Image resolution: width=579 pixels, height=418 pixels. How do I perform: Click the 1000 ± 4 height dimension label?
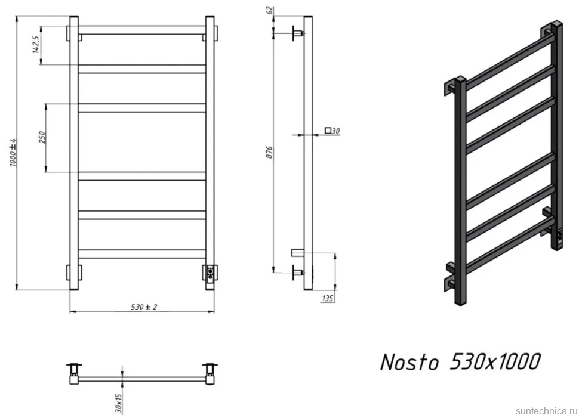[x=13, y=152]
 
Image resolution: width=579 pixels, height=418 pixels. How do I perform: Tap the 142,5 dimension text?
[x=36, y=45]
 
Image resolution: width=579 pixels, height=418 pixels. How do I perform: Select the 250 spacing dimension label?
[x=42, y=137]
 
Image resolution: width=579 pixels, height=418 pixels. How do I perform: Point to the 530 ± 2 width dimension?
[x=144, y=306]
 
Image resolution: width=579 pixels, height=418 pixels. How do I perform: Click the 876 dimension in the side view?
[x=269, y=153]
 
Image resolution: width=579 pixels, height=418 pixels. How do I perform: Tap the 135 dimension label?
[x=328, y=298]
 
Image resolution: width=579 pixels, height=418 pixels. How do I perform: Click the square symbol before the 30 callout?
[x=328, y=130]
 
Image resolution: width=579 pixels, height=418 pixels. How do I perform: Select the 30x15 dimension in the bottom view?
[x=118, y=403]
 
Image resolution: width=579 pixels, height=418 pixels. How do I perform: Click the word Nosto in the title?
[x=409, y=361]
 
